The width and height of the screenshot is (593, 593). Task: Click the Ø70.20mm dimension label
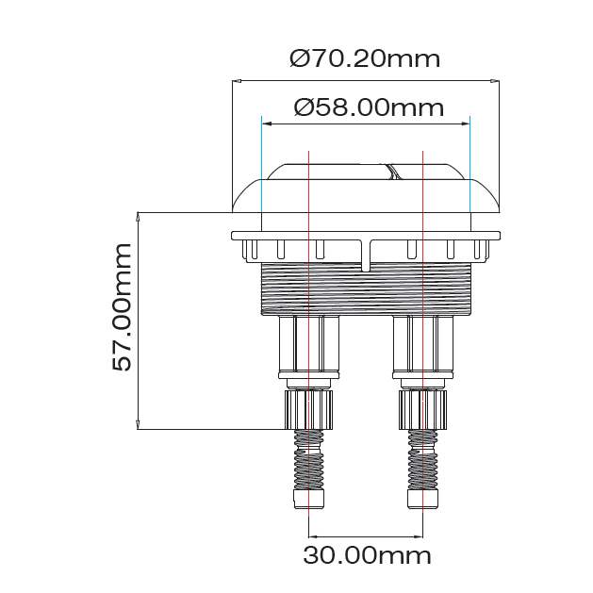point(365,58)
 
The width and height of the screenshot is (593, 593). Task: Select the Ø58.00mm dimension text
point(369,107)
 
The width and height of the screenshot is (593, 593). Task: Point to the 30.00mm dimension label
point(367,554)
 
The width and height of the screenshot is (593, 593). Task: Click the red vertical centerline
point(423,283)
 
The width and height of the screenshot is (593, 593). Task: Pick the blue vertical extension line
point(469,170)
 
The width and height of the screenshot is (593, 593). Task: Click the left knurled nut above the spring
point(308,408)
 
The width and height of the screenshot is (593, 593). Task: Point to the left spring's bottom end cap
point(308,499)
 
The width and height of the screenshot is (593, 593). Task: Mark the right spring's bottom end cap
point(421,499)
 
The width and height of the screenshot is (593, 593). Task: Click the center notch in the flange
point(366,255)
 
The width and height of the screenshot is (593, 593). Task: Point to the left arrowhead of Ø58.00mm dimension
point(266,123)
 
